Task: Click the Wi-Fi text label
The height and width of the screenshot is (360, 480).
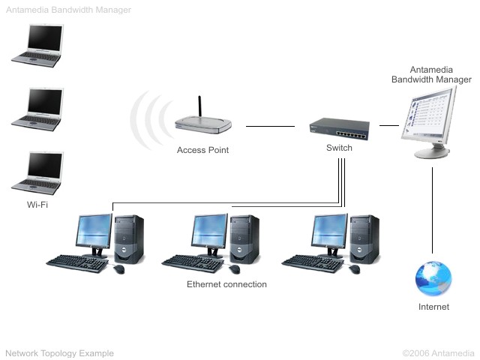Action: tap(37, 203)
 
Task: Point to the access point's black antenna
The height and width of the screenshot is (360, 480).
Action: tap(199, 107)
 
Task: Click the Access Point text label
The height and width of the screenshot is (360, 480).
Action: tap(202, 150)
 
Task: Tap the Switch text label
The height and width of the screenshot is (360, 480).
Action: tap(339, 148)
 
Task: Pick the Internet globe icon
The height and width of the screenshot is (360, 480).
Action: tap(433, 279)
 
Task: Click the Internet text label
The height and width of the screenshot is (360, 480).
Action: tap(433, 307)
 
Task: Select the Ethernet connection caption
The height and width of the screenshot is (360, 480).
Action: tap(226, 285)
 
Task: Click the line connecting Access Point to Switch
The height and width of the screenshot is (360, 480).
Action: tap(270, 127)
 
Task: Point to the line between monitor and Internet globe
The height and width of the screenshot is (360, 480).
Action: tap(433, 210)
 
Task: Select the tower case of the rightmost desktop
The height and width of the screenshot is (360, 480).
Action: tap(365, 238)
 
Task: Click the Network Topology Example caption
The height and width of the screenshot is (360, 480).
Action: tap(59, 352)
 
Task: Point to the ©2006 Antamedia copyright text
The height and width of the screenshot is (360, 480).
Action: tap(438, 352)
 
